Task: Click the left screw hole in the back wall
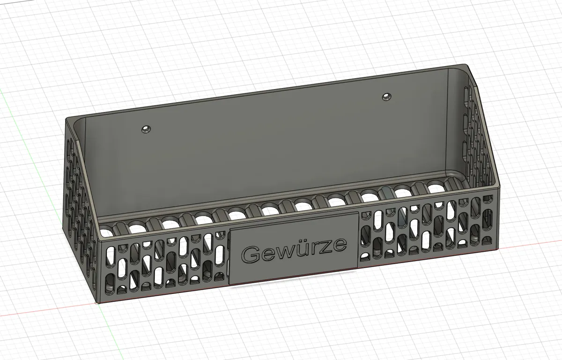point(146,129)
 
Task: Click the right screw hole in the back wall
point(386,97)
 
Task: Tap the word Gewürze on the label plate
point(294,249)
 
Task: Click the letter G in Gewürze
point(251,254)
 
